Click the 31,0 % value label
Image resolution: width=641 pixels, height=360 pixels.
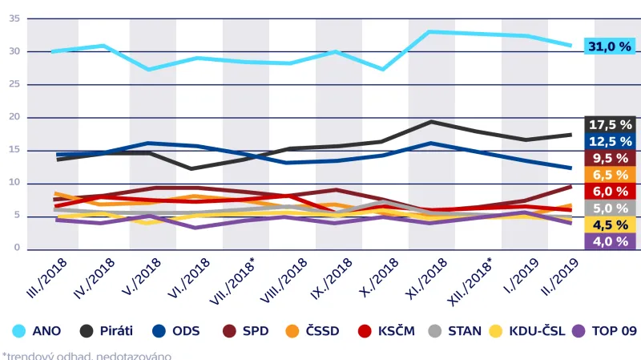[611, 47]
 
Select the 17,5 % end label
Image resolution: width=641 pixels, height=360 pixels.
[611, 125]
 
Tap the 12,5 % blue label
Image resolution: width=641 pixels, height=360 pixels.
[611, 141]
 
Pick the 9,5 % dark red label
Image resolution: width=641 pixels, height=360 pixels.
[611, 158]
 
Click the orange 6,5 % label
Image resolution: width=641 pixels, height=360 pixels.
[611, 175]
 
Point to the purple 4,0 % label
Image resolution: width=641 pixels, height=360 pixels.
[611, 241]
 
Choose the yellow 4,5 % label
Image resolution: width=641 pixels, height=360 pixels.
[611, 224]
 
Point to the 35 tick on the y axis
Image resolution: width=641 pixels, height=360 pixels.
[14, 18]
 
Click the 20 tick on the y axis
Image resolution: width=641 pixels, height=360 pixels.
[14, 118]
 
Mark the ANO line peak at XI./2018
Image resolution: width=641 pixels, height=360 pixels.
[431, 32]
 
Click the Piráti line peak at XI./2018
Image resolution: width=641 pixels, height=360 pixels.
[431, 122]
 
